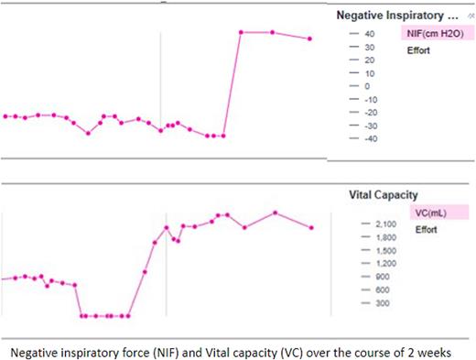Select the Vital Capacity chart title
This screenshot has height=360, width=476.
point(384,194)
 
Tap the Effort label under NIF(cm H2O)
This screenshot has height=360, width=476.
point(419,50)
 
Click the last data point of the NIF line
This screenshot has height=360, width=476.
point(309,38)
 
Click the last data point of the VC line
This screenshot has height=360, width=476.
point(312,227)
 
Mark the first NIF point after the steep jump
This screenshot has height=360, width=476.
point(241,32)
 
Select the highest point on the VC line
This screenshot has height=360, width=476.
point(275,213)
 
